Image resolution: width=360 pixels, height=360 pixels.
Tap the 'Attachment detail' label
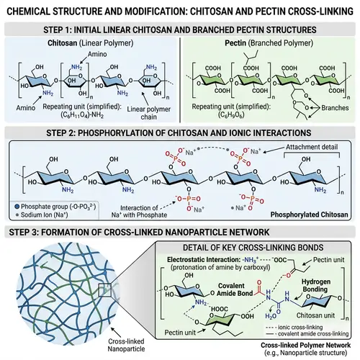313,146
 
